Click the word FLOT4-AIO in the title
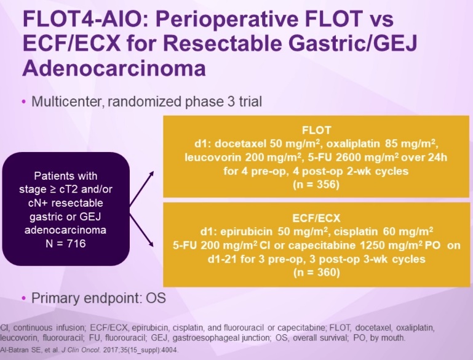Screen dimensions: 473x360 tap(82, 18)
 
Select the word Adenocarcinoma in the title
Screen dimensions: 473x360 tap(114, 68)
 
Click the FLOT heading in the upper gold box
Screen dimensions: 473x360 tap(316, 130)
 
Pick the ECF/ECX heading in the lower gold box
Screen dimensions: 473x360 tap(316, 218)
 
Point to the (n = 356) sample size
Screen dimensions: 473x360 tap(316, 184)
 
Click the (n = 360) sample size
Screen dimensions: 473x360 tap(316, 272)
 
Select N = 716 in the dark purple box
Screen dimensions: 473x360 tap(66, 243)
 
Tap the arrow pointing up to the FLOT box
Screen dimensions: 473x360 tap(141, 189)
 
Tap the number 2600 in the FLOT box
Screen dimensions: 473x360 tap(350, 157)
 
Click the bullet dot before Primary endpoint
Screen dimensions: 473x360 tap(24, 298)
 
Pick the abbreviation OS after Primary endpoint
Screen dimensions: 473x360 tap(156, 298)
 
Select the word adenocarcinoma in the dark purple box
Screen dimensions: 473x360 tap(65, 230)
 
